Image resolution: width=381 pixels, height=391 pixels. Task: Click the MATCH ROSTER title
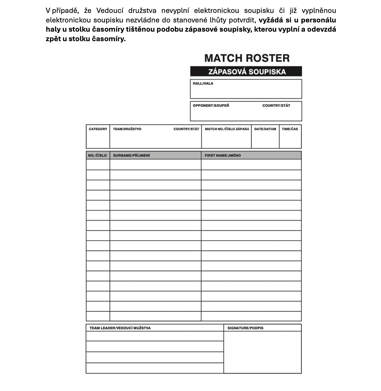pos(247,58)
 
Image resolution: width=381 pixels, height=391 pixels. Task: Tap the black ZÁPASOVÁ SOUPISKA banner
pos(246,72)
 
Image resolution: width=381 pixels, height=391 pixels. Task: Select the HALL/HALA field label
pos(203,83)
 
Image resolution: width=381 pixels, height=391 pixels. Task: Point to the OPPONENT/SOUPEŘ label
pos(211,105)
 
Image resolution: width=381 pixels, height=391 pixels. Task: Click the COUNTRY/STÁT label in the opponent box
pos(276,105)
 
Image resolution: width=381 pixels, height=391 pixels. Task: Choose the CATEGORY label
pos(98,129)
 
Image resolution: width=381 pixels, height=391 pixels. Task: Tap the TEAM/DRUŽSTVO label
pos(127,129)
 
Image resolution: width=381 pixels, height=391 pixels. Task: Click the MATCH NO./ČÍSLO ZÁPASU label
pos(227,129)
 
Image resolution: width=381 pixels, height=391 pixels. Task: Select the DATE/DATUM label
pos(265,129)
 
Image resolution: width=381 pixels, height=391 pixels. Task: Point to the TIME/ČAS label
pos(290,129)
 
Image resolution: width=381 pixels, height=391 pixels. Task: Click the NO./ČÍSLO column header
pos(97,155)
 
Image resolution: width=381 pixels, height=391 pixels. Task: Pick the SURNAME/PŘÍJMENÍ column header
pos(132,155)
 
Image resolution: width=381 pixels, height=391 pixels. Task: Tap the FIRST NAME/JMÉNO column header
pos(223,155)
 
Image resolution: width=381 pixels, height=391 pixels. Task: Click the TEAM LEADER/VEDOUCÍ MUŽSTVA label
pos(120,328)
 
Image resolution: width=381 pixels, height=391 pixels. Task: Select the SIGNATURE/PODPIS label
pos(245,328)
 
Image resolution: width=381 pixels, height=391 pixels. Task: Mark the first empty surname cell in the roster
pos(155,165)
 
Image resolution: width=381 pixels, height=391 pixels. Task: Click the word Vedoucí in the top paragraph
pos(110,11)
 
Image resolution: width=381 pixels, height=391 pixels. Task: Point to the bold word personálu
pos(318,20)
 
